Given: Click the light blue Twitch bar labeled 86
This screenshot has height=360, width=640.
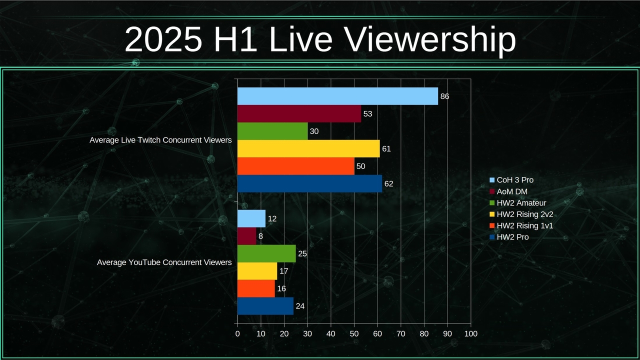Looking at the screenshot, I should coord(337,96).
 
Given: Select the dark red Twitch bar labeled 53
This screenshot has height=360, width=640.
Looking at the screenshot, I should coord(299,113).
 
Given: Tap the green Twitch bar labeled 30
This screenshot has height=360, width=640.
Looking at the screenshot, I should coord(272,131).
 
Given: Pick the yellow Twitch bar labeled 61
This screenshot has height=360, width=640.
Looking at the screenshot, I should coord(308,148).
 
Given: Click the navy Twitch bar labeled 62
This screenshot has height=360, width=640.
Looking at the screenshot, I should coord(309,183).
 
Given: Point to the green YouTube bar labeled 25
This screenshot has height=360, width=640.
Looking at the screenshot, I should coord(266,253).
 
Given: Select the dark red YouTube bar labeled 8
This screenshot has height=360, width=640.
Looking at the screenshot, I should coord(246,236).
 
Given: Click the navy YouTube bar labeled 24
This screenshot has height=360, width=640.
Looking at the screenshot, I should coord(265,306).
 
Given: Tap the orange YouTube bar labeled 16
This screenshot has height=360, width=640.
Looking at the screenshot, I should coord(256,288).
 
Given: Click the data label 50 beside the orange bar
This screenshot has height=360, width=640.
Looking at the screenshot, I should coord(361,166).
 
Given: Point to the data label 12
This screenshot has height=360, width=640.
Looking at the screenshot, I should coord(272,219).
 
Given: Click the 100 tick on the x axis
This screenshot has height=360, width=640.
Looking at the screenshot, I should coord(470,333).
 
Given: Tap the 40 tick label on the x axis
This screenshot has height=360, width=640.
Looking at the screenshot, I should coord(330,333).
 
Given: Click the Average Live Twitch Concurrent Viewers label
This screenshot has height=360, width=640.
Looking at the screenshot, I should coord(160,140).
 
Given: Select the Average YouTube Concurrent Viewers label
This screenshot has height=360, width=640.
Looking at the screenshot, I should coord(164,262).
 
